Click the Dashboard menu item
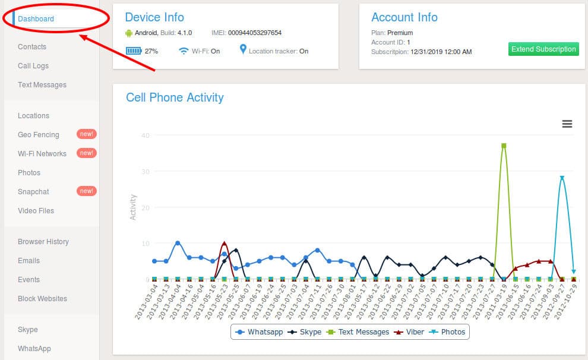tap(36, 19)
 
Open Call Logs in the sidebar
tap(33, 65)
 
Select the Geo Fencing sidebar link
tap(38, 135)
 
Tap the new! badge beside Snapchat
tap(87, 191)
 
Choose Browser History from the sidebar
tap(43, 242)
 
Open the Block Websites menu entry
tap(42, 298)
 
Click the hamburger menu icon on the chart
tap(567, 124)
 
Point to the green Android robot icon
tap(129, 33)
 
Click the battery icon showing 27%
tap(134, 50)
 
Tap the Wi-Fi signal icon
tap(184, 50)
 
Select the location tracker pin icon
tap(243, 49)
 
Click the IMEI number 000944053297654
tap(255, 33)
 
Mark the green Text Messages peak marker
tap(504, 146)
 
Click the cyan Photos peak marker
tap(562, 178)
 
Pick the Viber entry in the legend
tap(409, 332)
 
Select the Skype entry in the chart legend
tap(305, 332)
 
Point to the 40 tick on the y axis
tap(146, 135)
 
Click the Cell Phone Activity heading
tap(175, 97)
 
